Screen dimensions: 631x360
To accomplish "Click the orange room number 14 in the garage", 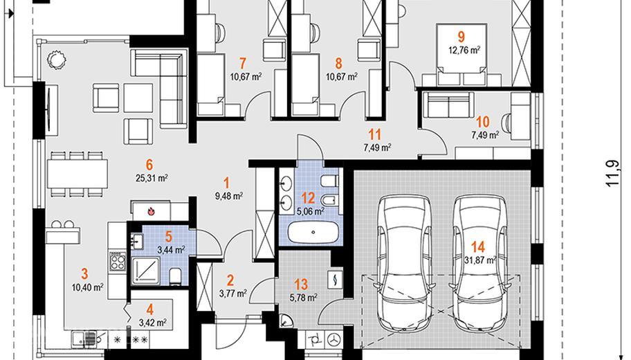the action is (x=477, y=246).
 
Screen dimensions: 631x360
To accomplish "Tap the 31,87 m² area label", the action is (x=479, y=260).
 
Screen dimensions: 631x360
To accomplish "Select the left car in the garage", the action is (x=405, y=261).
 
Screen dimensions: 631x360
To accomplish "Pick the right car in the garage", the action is (x=479, y=261).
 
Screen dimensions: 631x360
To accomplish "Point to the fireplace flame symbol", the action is (x=151, y=210).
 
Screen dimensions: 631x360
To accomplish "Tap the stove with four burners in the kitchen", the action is (x=118, y=260).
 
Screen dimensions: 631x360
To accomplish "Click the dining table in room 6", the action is (x=77, y=174).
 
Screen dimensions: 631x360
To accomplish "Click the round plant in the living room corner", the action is (x=55, y=60).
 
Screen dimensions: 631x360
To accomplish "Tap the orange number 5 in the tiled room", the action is (x=168, y=236).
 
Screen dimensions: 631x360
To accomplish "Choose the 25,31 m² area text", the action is (x=152, y=178).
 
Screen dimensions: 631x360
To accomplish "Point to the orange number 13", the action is (x=301, y=285).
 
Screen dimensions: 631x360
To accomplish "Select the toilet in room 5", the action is (x=175, y=276).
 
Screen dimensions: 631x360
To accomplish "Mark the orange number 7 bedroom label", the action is (x=242, y=63).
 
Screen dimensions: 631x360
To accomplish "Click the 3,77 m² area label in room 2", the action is (x=233, y=294).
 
